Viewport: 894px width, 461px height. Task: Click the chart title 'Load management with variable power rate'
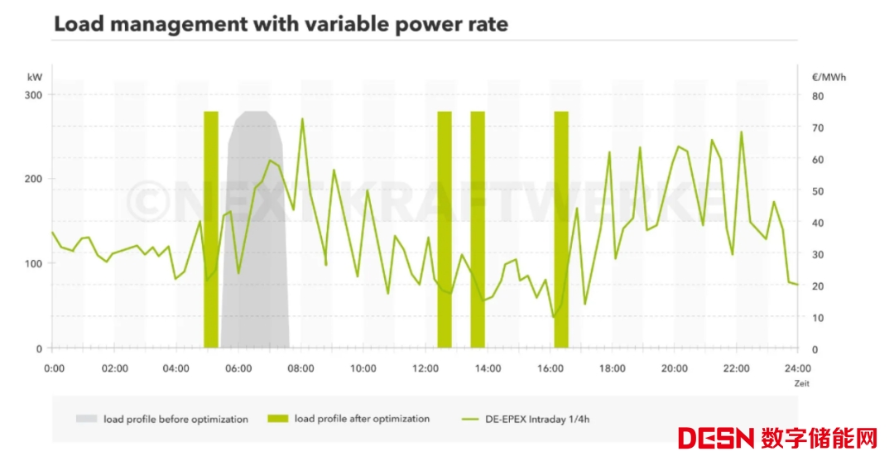281,25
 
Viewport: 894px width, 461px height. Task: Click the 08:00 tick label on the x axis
300,368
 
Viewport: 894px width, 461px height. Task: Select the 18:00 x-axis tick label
612,368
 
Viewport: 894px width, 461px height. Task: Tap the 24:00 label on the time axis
797,368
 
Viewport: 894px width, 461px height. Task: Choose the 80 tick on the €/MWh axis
818,96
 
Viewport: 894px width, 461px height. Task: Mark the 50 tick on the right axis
818,191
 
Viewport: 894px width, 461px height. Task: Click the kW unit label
35,77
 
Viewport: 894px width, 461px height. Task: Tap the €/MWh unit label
829,77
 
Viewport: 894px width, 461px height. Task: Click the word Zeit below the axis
801,383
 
